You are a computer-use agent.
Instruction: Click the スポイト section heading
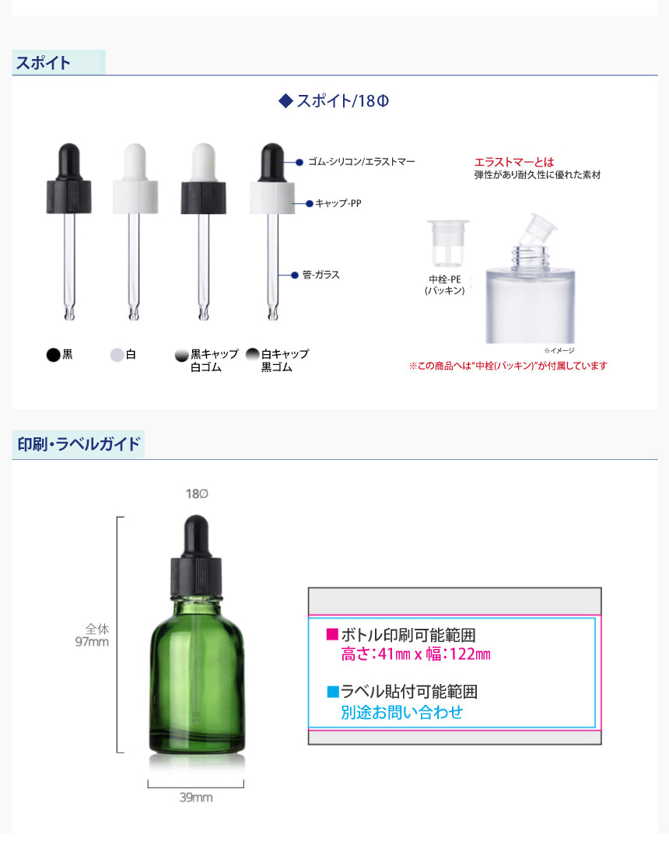(43, 63)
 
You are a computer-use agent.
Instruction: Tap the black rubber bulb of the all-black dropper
(68, 162)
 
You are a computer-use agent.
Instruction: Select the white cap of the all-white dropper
(135, 197)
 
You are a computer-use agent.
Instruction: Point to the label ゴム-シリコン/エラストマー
(362, 162)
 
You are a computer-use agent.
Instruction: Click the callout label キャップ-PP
(338, 203)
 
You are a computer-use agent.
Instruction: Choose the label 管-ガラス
(321, 275)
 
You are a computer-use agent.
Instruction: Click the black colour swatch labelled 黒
(53, 355)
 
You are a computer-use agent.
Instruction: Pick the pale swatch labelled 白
(117, 355)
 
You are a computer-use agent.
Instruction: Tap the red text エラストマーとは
(514, 162)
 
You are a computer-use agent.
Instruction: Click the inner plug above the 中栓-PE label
(448, 243)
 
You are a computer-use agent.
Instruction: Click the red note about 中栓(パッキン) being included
(508, 366)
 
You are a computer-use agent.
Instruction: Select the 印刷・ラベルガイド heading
(79, 444)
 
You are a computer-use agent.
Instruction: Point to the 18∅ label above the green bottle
(197, 493)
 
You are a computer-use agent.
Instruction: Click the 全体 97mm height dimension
(92, 635)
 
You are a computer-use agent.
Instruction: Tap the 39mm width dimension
(196, 798)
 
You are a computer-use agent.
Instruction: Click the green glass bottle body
(197, 676)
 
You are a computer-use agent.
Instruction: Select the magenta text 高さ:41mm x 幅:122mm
(415, 654)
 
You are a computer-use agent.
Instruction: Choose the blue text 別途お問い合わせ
(401, 712)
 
